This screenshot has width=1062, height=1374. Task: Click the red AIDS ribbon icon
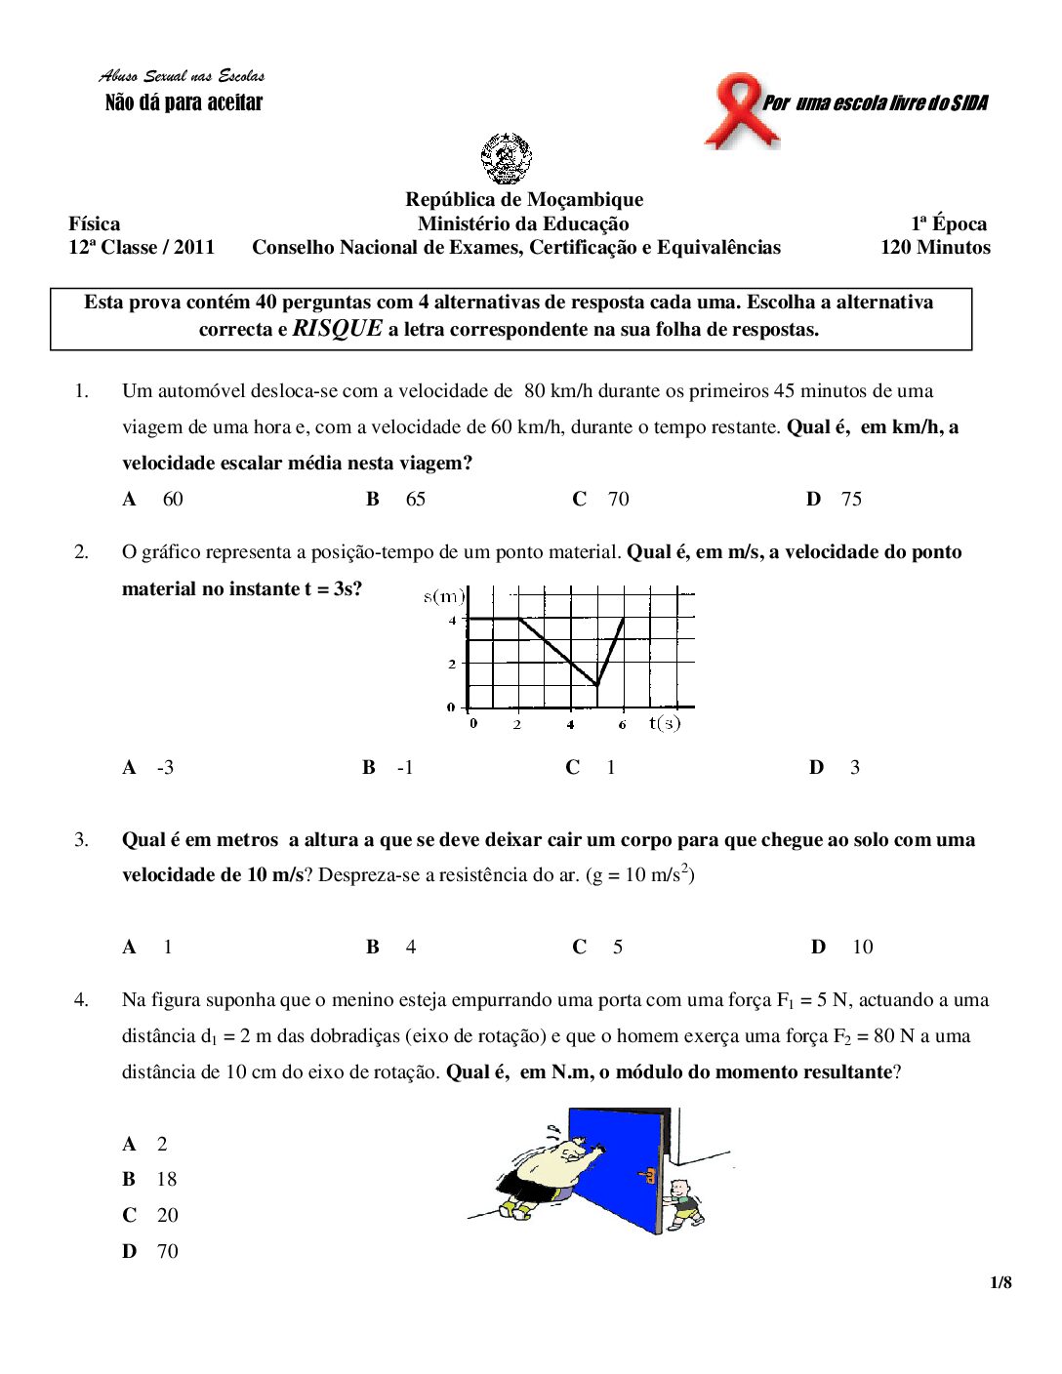click(741, 109)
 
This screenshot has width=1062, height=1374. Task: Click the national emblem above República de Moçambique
click(506, 159)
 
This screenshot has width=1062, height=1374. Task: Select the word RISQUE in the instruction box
click(337, 328)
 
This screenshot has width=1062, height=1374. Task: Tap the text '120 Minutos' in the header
click(934, 247)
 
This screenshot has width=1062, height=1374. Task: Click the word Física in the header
click(95, 223)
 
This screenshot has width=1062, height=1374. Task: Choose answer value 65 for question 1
click(416, 499)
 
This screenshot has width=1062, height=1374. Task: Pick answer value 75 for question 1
click(851, 499)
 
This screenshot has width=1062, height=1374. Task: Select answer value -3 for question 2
click(165, 767)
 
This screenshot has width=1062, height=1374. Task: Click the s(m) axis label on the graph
click(444, 596)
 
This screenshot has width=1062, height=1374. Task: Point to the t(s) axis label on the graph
click(665, 723)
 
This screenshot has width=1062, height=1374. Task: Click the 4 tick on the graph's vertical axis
click(452, 620)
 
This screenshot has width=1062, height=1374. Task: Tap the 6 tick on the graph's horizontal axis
click(622, 724)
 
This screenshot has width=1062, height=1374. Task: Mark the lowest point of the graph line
click(596, 685)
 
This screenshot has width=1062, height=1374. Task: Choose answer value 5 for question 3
click(617, 947)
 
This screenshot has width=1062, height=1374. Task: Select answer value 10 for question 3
click(862, 947)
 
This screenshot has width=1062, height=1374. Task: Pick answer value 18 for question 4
click(167, 1179)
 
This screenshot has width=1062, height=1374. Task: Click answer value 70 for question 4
click(167, 1251)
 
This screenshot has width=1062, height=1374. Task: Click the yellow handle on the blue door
click(646, 1175)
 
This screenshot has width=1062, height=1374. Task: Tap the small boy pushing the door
click(685, 1203)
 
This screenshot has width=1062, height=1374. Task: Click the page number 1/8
click(1001, 1282)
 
